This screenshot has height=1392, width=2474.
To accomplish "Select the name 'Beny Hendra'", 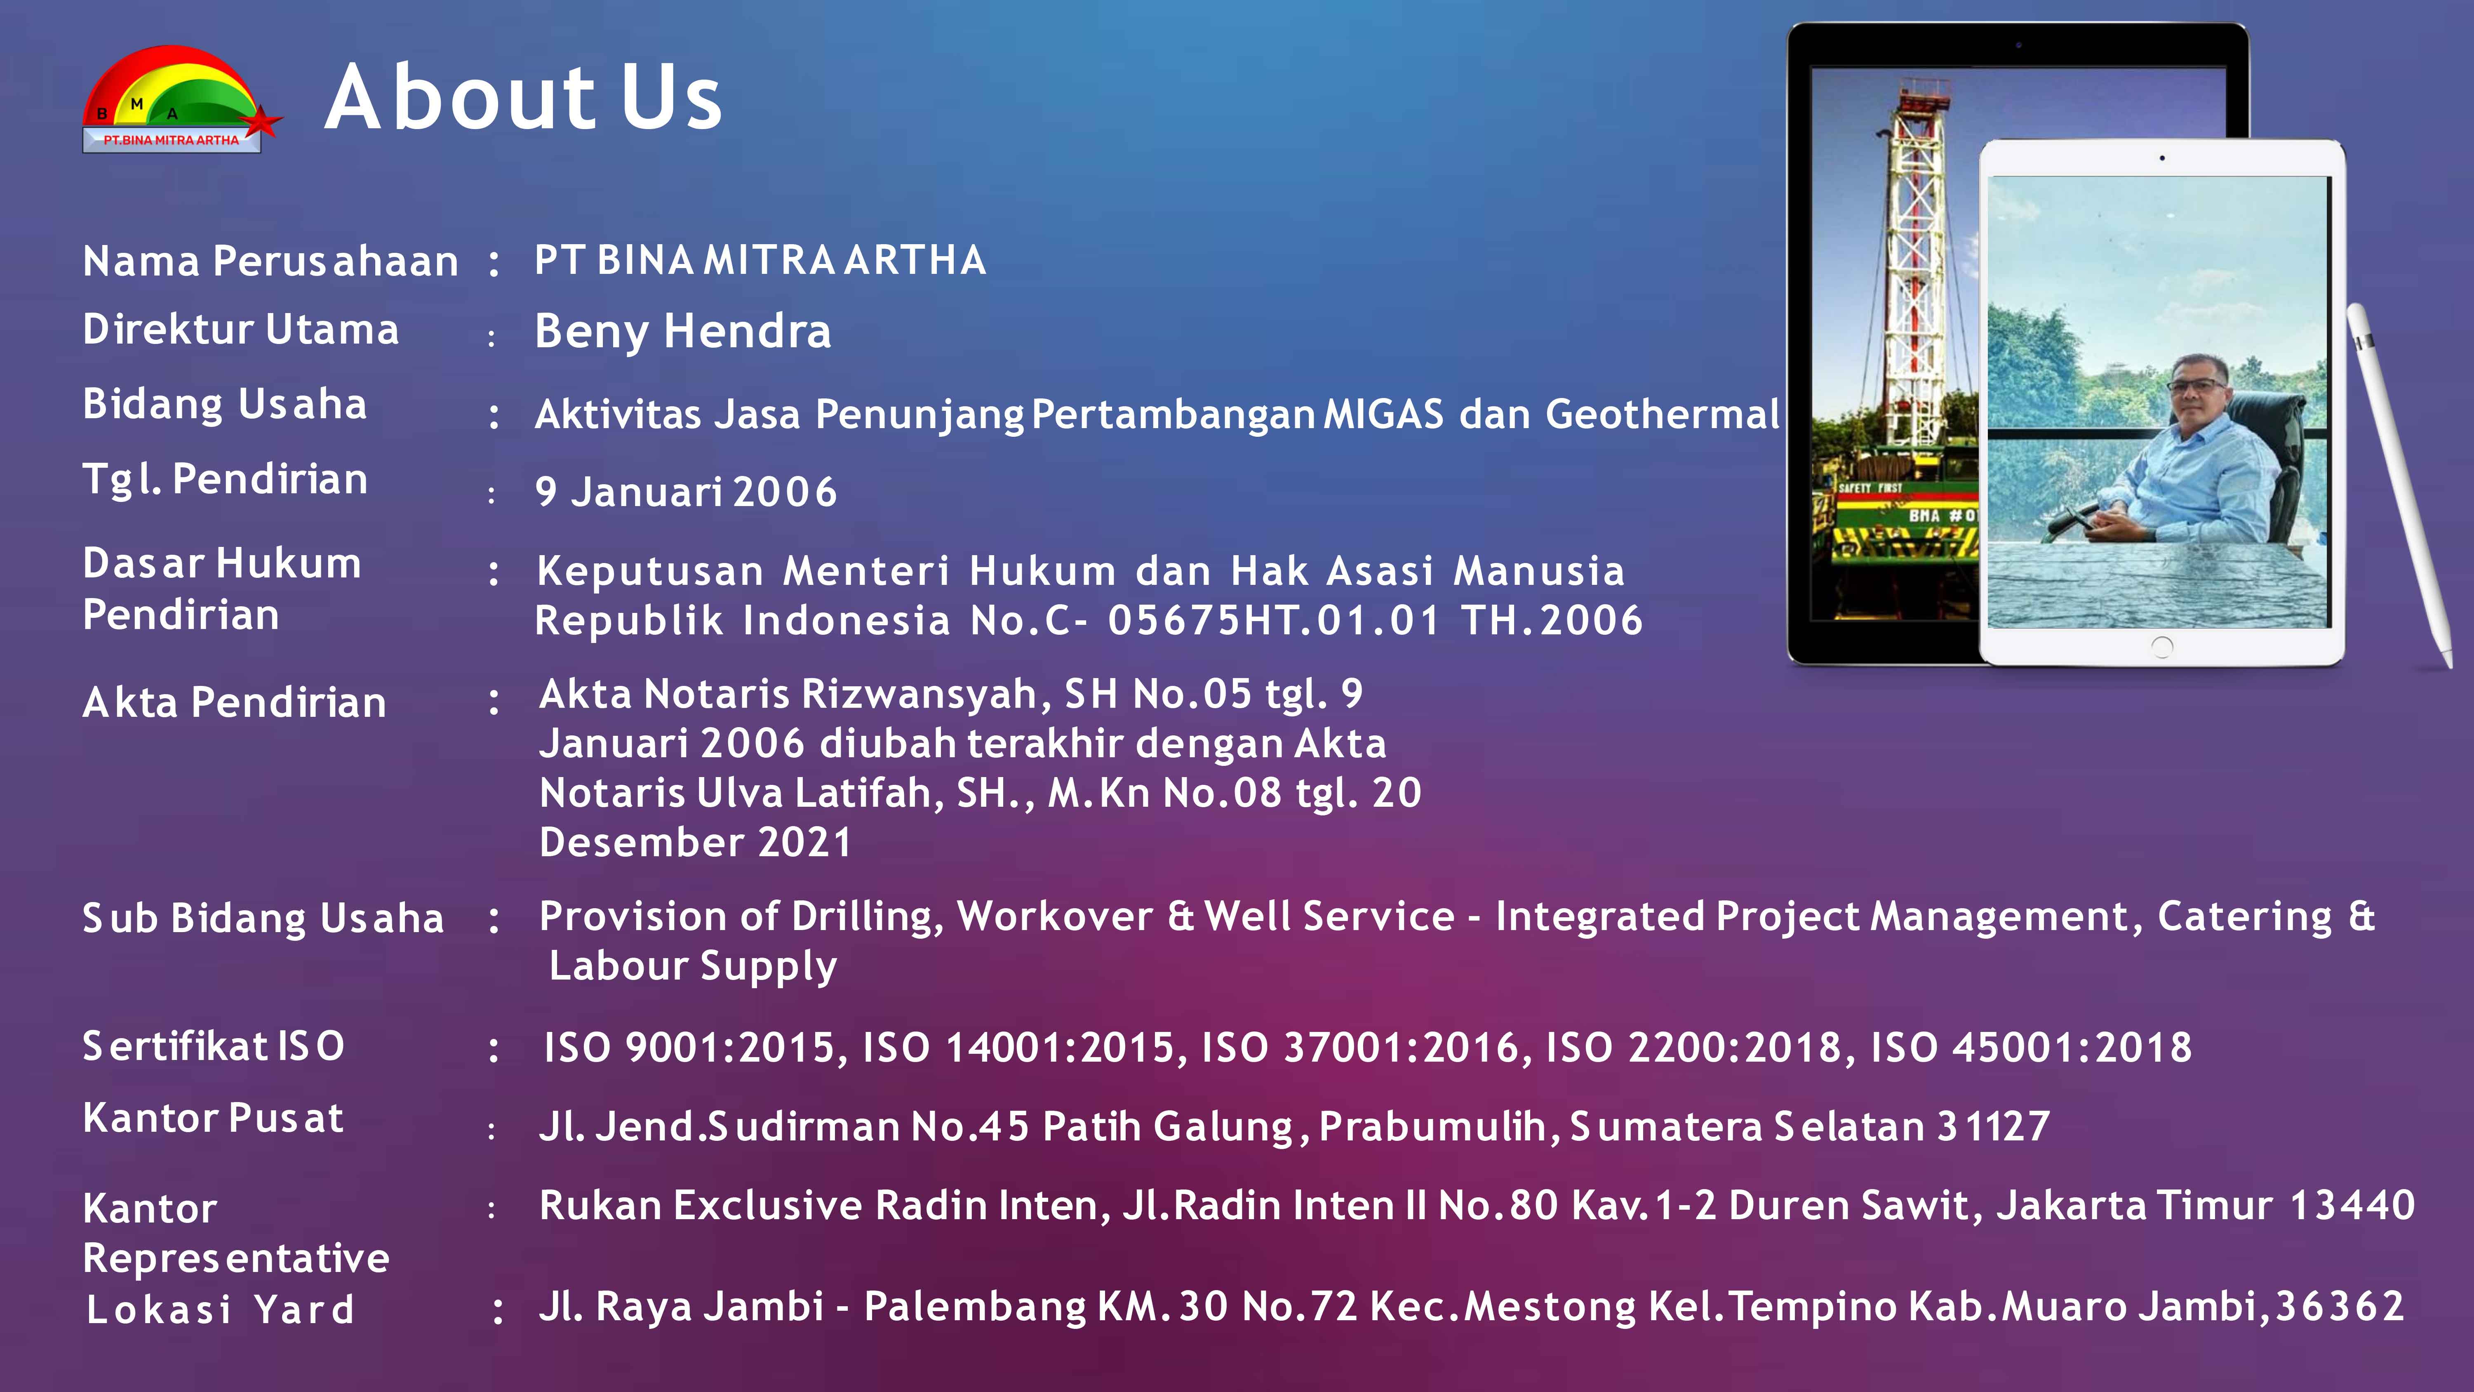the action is pos(683,332).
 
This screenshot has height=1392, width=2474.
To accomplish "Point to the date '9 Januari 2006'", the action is pos(686,492).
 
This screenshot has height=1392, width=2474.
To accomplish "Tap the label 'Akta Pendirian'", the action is pos(234,702).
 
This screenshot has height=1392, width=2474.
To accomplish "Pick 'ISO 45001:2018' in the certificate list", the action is pos(2031,1047).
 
